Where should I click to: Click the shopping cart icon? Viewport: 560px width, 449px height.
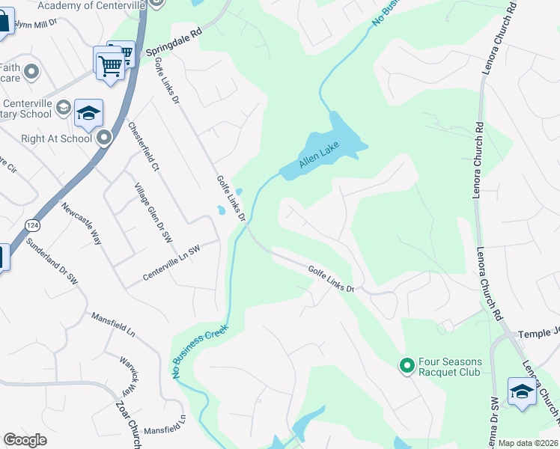pos(111,64)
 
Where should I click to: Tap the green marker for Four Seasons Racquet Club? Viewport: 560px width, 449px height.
pos(407,365)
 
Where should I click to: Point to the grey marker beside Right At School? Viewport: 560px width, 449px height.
pos(104,138)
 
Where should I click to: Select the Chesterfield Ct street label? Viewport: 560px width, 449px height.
pos(144,147)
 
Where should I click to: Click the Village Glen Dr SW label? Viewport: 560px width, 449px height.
pos(154,212)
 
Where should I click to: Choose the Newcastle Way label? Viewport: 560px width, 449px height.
pos(82,223)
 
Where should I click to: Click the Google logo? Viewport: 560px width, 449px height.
pos(25,440)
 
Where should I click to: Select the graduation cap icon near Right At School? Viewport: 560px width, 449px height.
pos(88,114)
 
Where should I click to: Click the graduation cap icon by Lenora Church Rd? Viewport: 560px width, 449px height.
pos(522,391)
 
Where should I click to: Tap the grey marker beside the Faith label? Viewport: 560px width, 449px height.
pos(31,72)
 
